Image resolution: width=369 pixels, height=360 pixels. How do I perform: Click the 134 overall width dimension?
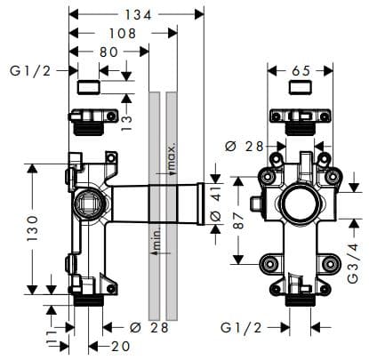click(136, 14)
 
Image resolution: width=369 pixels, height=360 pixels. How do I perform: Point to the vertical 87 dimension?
click(238, 219)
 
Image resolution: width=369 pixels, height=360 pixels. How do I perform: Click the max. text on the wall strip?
click(171, 157)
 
